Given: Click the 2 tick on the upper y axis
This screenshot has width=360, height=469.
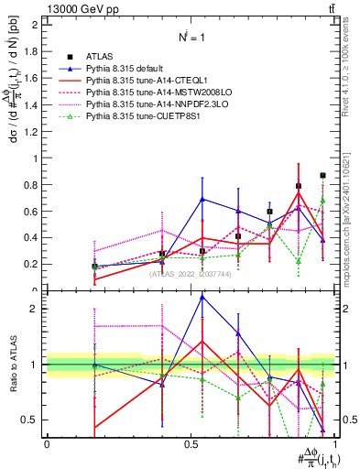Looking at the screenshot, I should pyautogui.click(x=35, y=25).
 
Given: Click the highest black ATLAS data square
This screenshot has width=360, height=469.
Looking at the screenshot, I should pyautogui.click(x=322, y=175).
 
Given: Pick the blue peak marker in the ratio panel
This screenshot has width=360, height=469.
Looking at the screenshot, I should pyautogui.click(x=202, y=297).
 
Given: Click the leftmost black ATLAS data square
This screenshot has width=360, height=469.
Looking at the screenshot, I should pyautogui.click(x=94, y=267).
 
